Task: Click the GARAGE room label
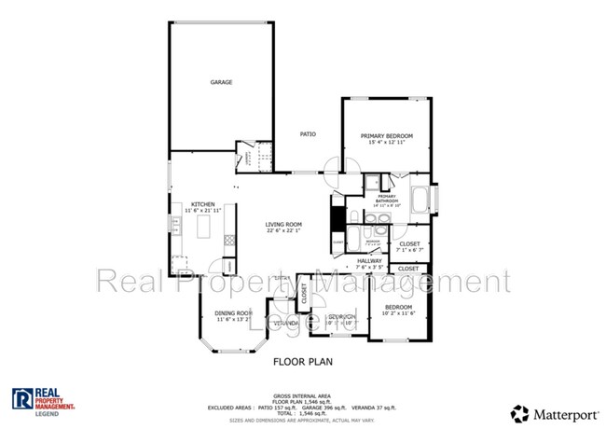coord(221,83)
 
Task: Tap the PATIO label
coord(308,134)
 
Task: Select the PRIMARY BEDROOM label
coord(387,136)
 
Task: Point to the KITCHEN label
coord(204,204)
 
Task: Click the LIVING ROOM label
coord(283,224)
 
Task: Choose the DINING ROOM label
coord(234,312)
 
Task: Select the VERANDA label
coord(286,323)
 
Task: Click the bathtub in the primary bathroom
coord(420,199)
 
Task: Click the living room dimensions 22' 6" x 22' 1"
coord(283,230)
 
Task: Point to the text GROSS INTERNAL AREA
coord(302,395)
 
